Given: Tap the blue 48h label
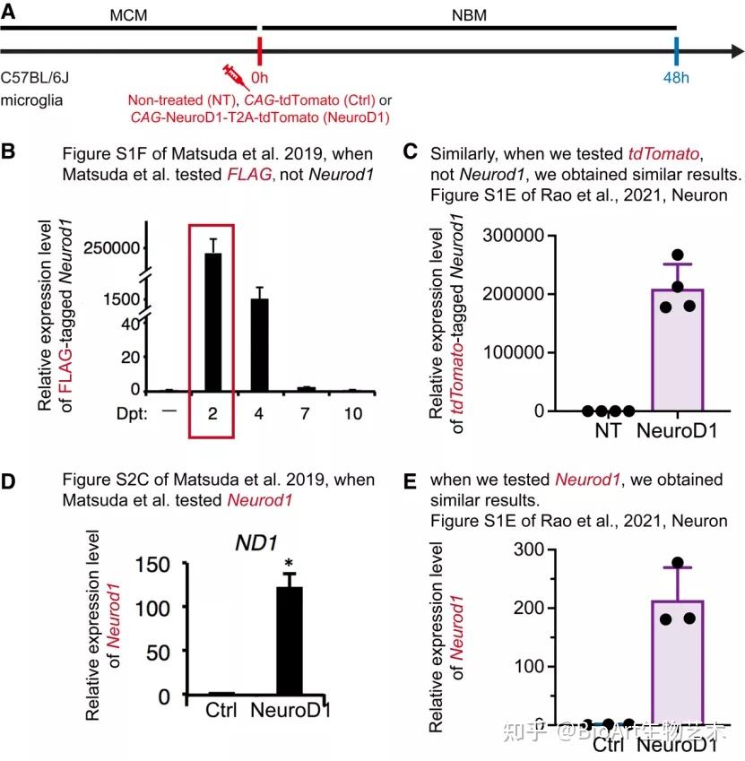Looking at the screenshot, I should [676, 78].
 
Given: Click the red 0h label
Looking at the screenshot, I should [261, 78].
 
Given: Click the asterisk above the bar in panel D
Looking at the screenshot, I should [289, 564].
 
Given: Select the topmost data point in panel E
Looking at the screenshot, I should [679, 563].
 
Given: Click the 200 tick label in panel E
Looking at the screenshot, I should [529, 608].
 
